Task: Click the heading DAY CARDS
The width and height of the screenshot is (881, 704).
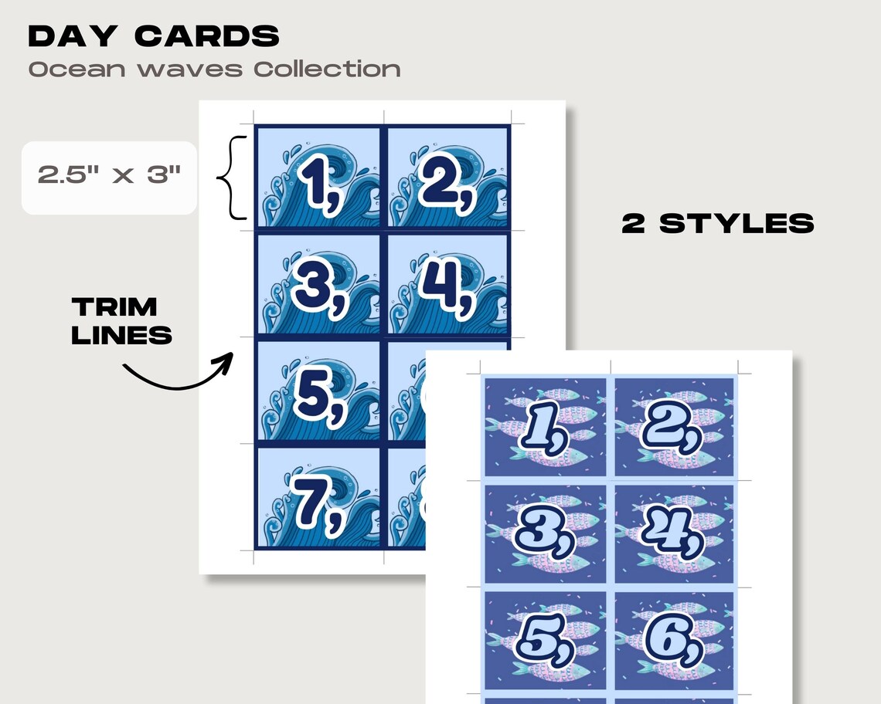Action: pos(154,36)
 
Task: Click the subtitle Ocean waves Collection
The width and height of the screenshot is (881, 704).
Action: pos(214,69)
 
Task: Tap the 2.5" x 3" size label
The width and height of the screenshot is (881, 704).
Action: pos(109,175)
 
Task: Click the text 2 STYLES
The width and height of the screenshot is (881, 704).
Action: pos(718,224)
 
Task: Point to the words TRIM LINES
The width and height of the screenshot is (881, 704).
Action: pos(121,320)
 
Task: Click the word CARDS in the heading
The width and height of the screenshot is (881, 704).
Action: pos(207,36)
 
